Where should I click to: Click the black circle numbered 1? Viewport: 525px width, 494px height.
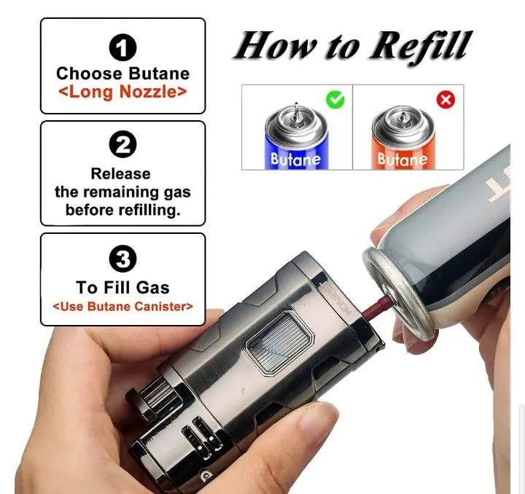click(123, 48)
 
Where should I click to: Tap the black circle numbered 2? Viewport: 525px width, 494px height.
click(123, 144)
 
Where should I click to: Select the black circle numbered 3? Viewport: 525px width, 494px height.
click(123, 259)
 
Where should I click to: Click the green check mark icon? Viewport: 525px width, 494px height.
click(335, 99)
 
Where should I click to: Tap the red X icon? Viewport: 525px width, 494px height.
click(446, 100)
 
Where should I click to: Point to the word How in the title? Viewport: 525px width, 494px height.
click(276, 46)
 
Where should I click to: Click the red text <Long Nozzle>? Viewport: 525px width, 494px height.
click(122, 92)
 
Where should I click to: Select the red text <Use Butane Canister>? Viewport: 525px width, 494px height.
click(123, 306)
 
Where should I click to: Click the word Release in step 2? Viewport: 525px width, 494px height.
click(121, 174)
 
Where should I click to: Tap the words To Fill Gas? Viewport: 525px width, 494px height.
click(123, 287)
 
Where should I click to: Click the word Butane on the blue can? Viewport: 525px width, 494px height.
click(295, 160)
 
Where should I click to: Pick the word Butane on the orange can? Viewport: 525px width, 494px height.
click(402, 160)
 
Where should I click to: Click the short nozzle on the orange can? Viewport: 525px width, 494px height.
click(403, 117)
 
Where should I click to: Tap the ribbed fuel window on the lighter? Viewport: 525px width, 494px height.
click(278, 342)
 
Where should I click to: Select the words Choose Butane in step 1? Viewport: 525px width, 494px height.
click(123, 74)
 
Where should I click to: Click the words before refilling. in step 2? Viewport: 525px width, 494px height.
click(123, 211)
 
